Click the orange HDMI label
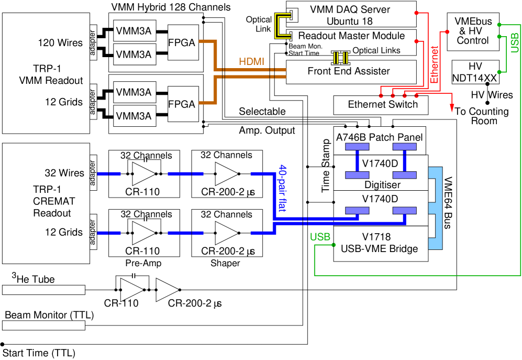coord(251,62)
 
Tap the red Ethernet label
coord(434,64)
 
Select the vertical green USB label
coord(515,42)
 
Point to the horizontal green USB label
coord(320,237)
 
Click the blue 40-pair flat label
coord(282,188)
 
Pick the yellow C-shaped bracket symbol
coord(282,26)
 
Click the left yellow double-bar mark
coord(336,58)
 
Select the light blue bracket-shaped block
coord(436,208)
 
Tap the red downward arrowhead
coord(452,108)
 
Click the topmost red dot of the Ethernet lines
coord(416,13)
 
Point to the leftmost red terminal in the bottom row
coord(381,96)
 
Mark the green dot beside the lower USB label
coord(334,245)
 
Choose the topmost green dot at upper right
coord(499,25)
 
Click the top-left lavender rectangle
coord(357,147)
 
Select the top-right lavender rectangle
coord(405,147)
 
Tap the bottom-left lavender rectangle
coord(357,211)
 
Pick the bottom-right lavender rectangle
coord(405,211)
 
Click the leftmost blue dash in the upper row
coord(109,173)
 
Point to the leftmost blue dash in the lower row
coord(109,233)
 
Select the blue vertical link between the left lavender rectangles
coord(357,161)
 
